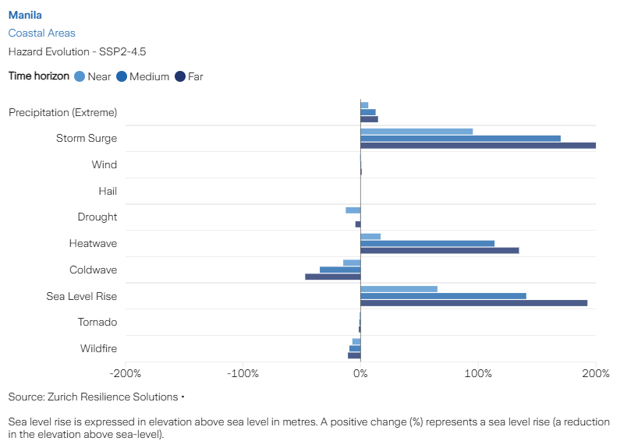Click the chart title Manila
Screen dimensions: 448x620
click(25, 15)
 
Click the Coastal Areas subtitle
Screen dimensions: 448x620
click(41, 33)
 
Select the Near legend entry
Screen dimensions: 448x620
click(93, 76)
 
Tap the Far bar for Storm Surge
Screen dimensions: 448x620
click(477, 146)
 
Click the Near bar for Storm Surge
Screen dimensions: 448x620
click(416, 131)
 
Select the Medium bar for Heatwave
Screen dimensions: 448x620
click(427, 243)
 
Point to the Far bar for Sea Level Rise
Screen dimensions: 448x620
click(473, 303)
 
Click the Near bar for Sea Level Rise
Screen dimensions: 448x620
click(399, 288)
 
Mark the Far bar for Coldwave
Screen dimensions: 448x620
click(332, 277)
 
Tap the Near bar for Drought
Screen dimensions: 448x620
click(353, 210)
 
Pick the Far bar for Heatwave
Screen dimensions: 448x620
click(439, 251)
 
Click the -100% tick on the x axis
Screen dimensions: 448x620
click(243, 373)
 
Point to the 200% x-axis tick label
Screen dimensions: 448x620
click(595, 373)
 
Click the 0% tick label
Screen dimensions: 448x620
click(360, 373)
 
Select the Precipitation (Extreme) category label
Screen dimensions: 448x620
click(63, 112)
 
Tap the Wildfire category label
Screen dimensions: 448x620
click(98, 348)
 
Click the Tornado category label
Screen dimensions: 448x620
click(97, 322)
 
